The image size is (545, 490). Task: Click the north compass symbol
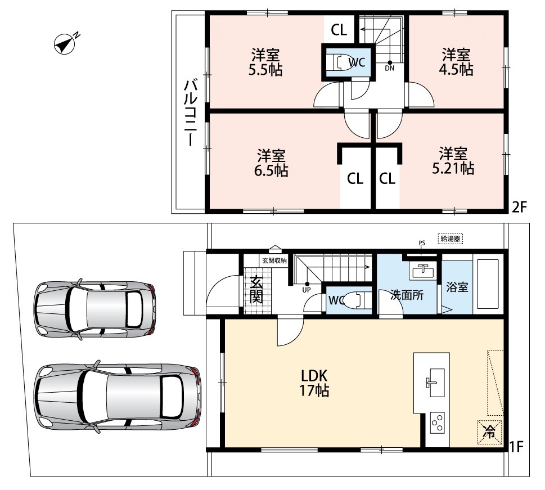65,44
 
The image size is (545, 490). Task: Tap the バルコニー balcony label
191,113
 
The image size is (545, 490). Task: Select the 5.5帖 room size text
265,70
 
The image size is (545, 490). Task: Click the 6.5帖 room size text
271,171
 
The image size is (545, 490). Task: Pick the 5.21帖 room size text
453,168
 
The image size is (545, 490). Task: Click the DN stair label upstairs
390,69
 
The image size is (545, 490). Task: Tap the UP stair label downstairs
306,290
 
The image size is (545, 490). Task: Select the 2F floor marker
520,207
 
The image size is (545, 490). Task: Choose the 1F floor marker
516,447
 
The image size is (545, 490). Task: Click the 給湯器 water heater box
451,239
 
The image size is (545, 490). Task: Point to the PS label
422,243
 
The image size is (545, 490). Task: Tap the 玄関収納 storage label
274,260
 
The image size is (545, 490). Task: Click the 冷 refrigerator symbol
490,432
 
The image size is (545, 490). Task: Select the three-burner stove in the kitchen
437,423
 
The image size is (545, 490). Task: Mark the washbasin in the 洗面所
422,271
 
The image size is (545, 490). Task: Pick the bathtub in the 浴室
488,284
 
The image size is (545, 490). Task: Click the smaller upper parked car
95,309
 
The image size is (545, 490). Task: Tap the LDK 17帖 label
314,383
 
